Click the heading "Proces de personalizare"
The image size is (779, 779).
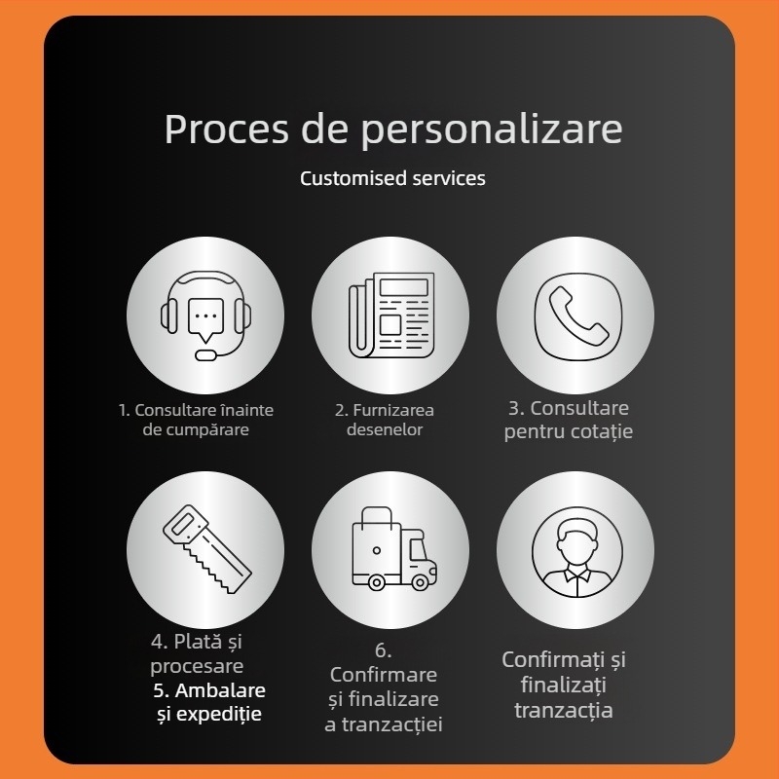(393, 130)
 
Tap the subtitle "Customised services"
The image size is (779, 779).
(392, 178)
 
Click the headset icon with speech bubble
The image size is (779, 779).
(205, 315)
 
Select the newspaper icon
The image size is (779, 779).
(391, 315)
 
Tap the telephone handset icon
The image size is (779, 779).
(577, 315)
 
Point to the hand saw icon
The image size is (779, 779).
(206, 549)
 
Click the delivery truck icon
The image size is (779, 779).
(394, 548)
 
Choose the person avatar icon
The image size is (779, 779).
(576, 551)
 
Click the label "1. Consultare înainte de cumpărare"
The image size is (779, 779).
(196, 420)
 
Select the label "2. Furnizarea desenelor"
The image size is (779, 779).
(385, 420)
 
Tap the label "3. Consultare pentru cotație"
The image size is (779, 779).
(569, 420)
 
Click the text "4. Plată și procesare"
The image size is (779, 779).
(197, 653)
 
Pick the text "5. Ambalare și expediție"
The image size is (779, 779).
(209, 702)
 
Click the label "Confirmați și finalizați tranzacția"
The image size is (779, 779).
(564, 685)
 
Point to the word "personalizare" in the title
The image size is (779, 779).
(492, 130)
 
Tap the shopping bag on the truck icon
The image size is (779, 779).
(376, 544)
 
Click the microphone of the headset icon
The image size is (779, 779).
(205, 355)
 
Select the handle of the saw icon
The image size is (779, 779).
(184, 525)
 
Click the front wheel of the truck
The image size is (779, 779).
(420, 581)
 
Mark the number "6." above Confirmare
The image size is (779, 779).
(383, 649)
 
